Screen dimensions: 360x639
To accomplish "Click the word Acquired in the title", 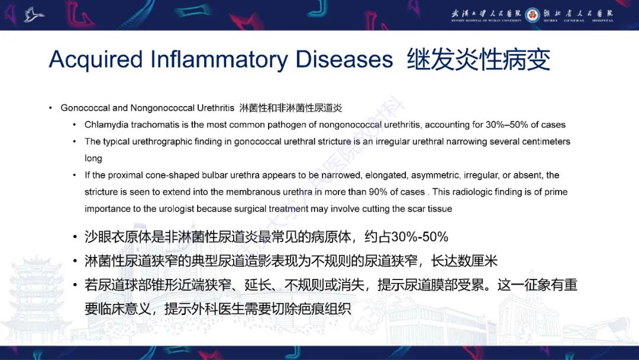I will click(x=95, y=60).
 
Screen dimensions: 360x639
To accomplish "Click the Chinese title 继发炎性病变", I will click(x=478, y=60).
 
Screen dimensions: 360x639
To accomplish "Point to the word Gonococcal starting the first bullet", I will click(x=85, y=108).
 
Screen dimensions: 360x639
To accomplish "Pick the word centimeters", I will click(x=544, y=142).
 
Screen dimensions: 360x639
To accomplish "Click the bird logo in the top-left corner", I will click(x=34, y=14).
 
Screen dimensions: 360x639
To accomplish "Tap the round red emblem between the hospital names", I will click(x=532, y=14).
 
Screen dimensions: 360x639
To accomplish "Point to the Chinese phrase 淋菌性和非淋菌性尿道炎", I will click(x=291, y=108).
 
